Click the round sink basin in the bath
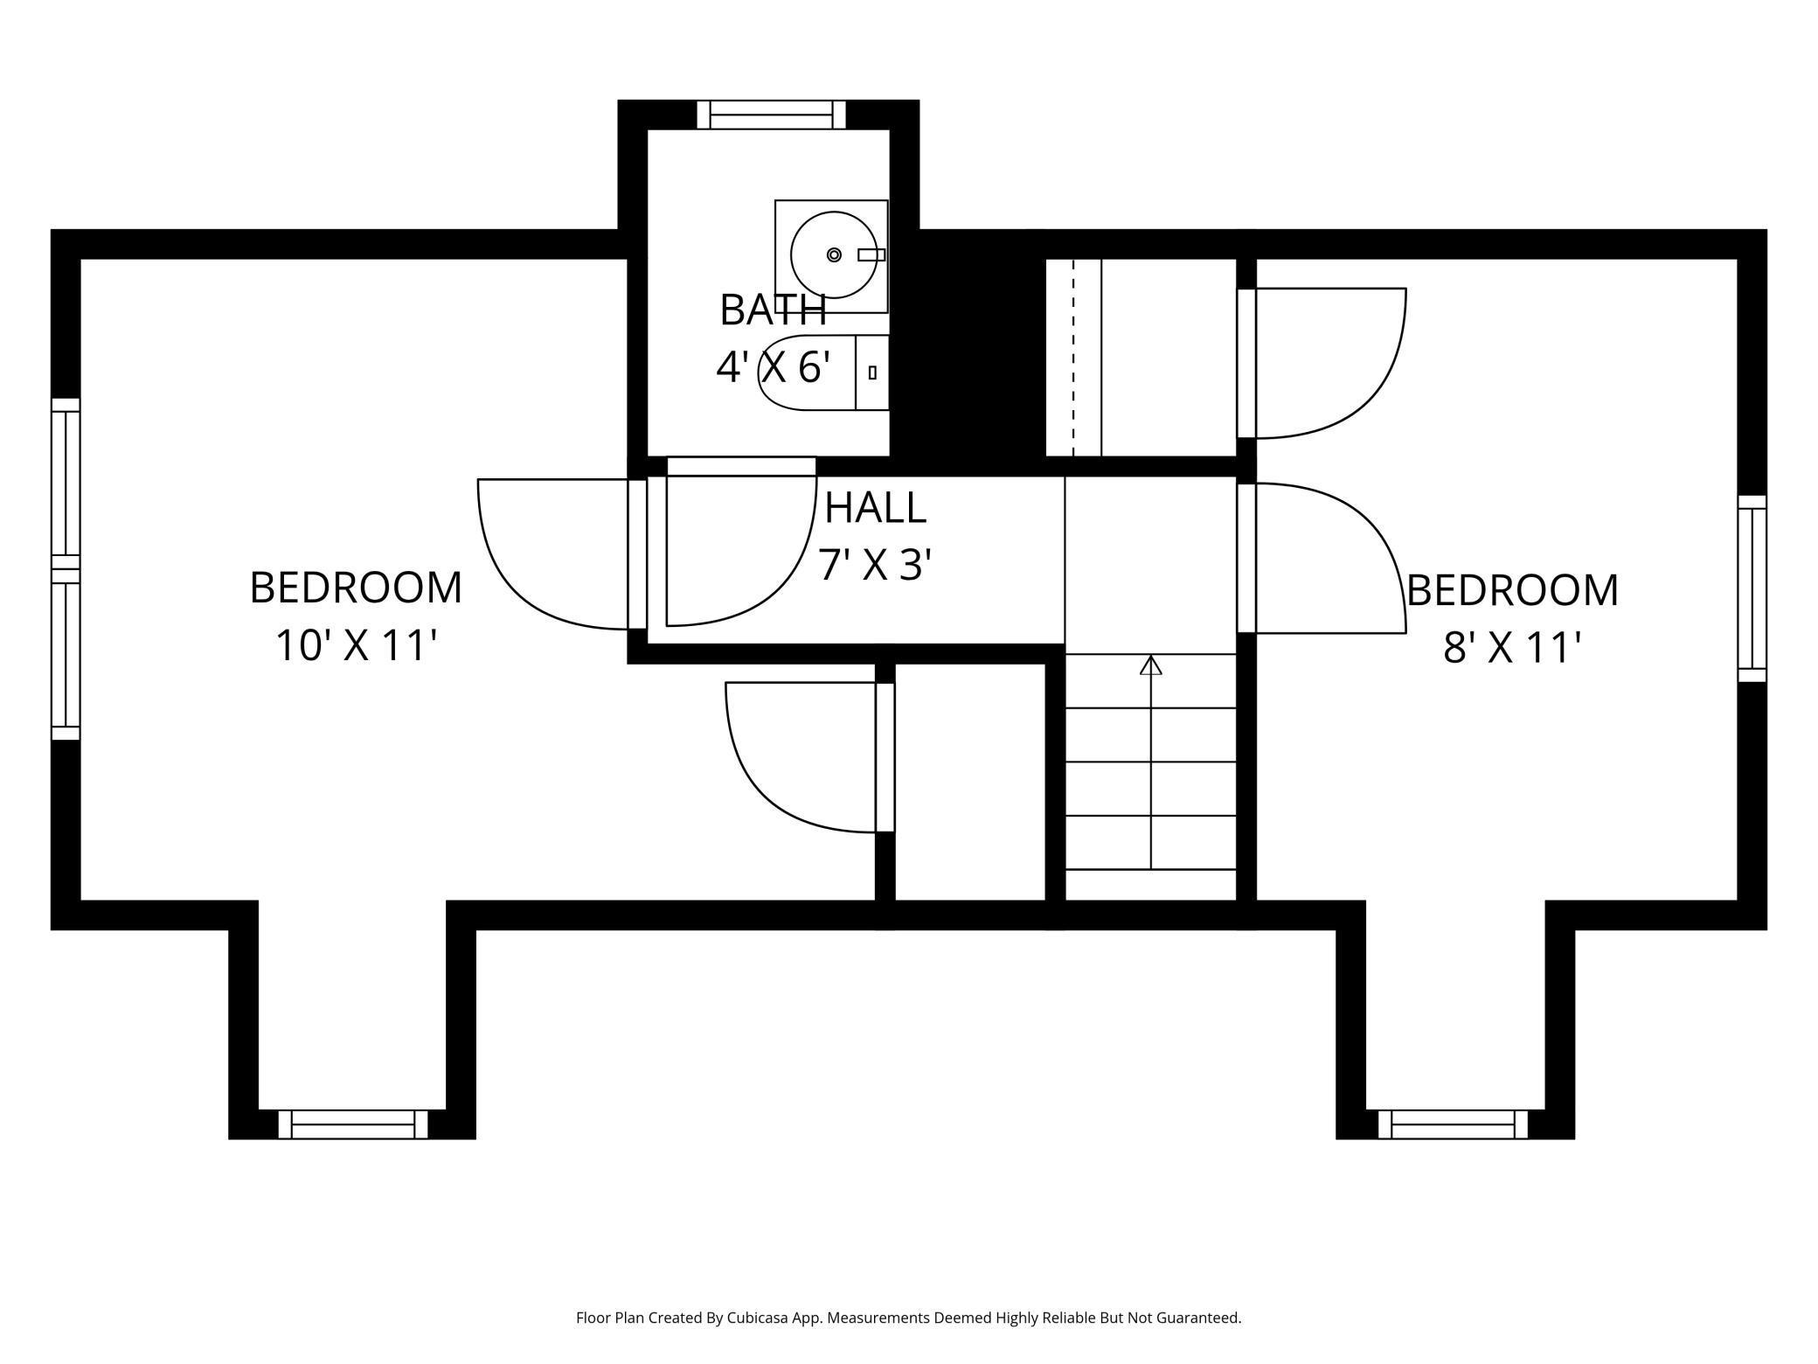(834, 254)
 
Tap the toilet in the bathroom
(823, 372)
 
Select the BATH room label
(773, 310)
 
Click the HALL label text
(875, 508)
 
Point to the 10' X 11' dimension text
(356, 646)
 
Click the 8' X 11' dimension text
(1512, 649)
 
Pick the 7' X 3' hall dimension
(875, 565)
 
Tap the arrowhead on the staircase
(1151, 665)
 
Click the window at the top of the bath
(771, 115)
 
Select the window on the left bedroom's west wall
(66, 569)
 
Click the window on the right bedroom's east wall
(1752, 588)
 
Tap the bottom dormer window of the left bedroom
(353, 1124)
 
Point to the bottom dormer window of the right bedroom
(1453, 1124)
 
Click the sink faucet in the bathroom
(871, 254)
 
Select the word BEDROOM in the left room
(356, 588)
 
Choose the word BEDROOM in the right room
(1512, 590)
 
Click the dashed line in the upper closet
(1073, 358)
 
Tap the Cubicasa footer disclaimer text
(908, 1318)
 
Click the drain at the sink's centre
(834, 254)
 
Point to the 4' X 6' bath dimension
(773, 366)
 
